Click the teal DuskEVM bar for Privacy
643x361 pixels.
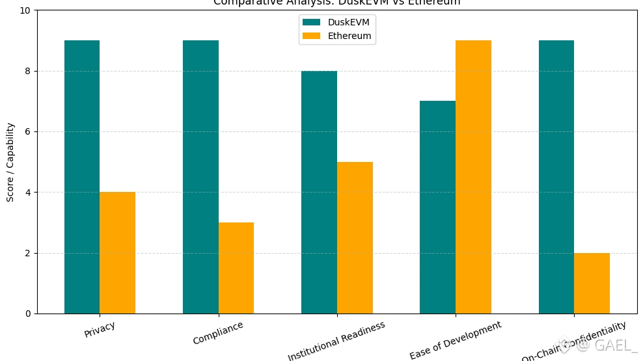click(x=82, y=177)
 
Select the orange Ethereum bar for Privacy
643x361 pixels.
click(x=118, y=252)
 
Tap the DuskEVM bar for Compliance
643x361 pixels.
click(x=200, y=177)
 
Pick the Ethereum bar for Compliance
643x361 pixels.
click(x=236, y=268)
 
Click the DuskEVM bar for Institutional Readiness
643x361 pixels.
click(x=319, y=192)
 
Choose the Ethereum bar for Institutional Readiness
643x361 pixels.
click(x=355, y=237)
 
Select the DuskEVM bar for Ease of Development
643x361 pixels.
click(x=437, y=207)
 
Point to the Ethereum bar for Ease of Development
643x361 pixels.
click(x=473, y=177)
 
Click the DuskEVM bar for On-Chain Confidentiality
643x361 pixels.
click(x=556, y=177)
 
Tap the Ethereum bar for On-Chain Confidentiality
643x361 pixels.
click(x=592, y=283)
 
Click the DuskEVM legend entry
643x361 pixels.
click(x=336, y=22)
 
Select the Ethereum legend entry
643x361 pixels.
click(x=336, y=36)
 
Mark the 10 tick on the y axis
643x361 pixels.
click(x=24, y=10)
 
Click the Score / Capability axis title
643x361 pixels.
click(x=10, y=162)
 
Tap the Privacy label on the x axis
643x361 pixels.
click(x=100, y=329)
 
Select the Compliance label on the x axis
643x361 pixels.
click(x=218, y=332)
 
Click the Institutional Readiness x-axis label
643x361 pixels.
click(x=336, y=340)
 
